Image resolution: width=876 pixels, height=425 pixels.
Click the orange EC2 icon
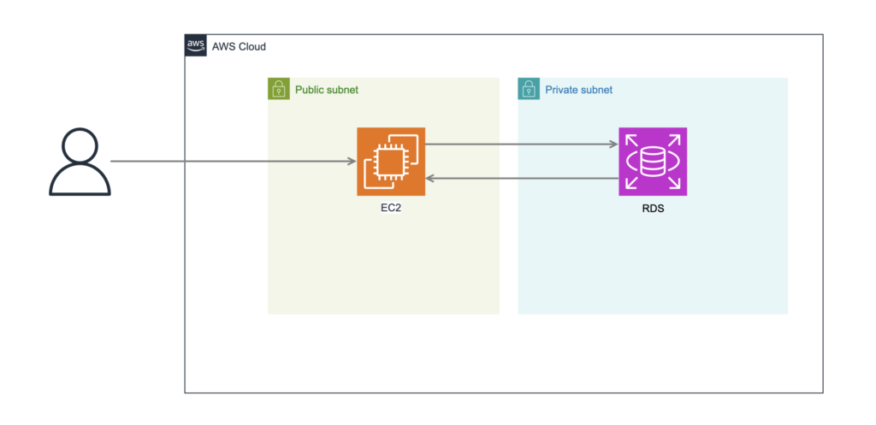pos(391,162)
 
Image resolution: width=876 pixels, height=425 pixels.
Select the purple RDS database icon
pos(653,162)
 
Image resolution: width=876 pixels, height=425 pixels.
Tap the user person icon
pos(80,162)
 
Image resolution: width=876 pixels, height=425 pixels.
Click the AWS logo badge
pos(196,45)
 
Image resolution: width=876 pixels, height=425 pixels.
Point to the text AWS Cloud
pos(239,47)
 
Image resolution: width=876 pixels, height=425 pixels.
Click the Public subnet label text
pos(327,89)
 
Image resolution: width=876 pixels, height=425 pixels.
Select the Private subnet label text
pos(579,89)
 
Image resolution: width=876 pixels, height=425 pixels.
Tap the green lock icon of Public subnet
pos(279,89)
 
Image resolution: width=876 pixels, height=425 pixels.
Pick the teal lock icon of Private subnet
pos(529,89)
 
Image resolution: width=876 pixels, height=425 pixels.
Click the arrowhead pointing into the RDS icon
pos(614,145)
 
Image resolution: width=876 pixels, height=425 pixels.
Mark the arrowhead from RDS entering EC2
pos(429,179)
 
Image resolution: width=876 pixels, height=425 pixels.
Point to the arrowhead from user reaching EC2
pos(352,162)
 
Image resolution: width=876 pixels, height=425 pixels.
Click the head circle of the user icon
pos(80,145)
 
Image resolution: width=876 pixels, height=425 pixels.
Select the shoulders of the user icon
pos(80,179)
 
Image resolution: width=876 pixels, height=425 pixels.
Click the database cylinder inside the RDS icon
pos(653,162)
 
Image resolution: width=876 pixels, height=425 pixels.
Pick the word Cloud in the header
pos(252,47)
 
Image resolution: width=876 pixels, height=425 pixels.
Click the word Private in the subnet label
pos(559,89)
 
